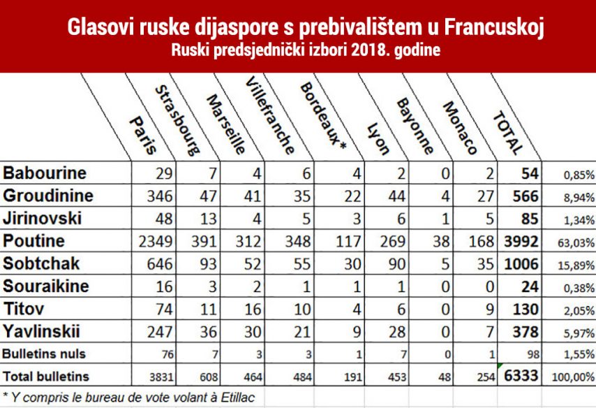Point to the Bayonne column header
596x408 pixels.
tap(415, 126)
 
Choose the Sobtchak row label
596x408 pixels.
tap(41, 263)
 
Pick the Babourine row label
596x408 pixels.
tap(45, 173)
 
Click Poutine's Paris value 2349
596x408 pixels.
tap(155, 241)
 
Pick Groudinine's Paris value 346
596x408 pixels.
tap(160, 196)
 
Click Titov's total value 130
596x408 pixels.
tap(523, 309)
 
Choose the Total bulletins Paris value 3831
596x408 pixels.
tap(162, 377)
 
